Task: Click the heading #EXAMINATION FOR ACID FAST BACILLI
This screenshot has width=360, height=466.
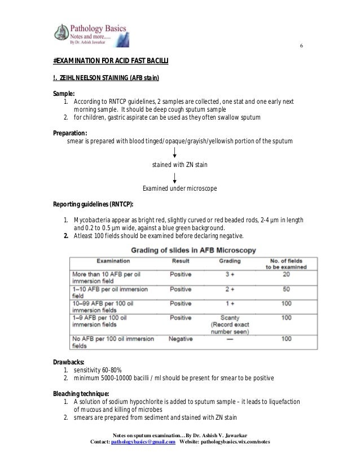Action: [x=111, y=60]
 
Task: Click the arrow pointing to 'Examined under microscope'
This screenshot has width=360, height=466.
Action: [x=175, y=178]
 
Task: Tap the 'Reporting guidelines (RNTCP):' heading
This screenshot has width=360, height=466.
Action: [x=93, y=204]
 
